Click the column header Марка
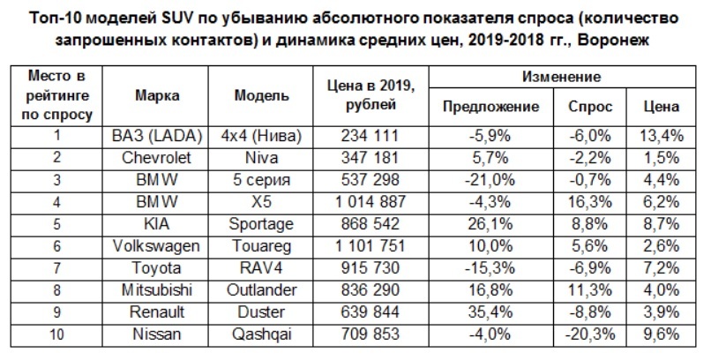159,95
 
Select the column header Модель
264,95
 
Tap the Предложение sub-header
490,107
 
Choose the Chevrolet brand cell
159,158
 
